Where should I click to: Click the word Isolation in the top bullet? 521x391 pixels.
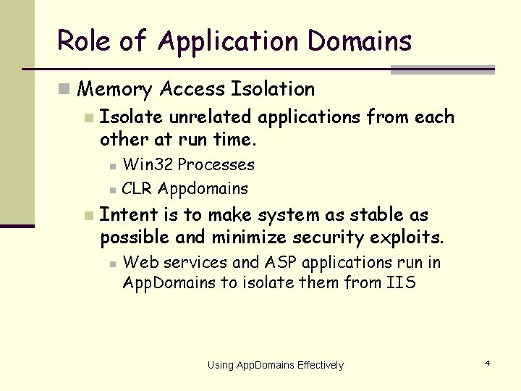[272, 89]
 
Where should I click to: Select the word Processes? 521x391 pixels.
[216, 164]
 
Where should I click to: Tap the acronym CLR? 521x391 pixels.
[137, 188]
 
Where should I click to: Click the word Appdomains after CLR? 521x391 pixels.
[203, 189]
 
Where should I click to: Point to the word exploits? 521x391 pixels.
[413, 237]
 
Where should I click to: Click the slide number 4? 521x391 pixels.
[487, 362]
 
